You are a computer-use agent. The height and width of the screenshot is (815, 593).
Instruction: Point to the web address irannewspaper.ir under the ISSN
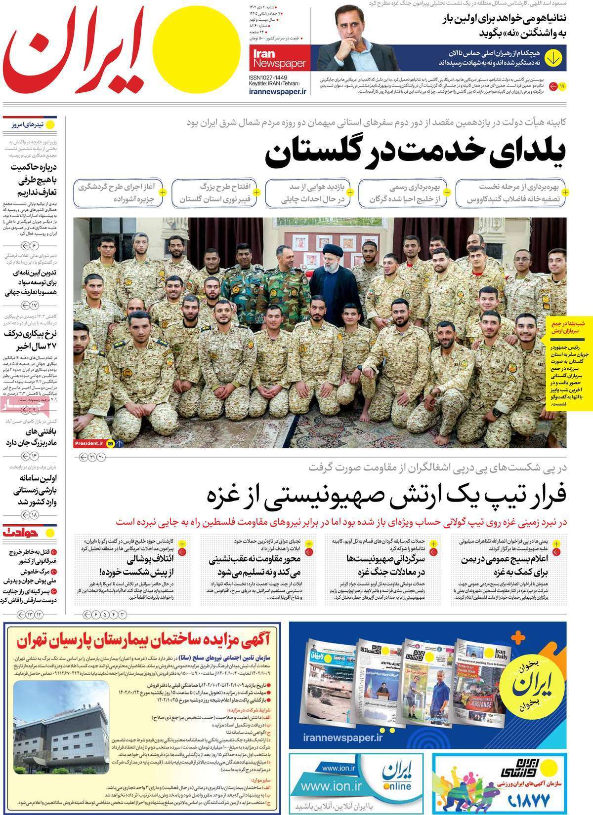pos(278,91)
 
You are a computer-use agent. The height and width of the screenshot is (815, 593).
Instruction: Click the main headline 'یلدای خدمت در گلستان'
pos(415,154)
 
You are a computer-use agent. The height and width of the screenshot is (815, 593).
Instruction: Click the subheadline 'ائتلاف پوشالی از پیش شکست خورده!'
pos(129,566)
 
